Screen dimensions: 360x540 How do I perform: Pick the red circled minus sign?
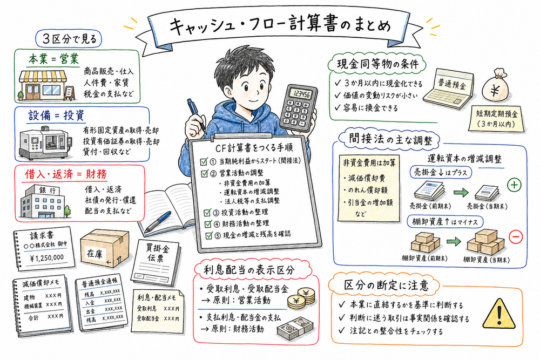click(x=515, y=236)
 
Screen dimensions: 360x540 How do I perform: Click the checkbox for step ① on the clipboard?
click(x=204, y=161)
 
